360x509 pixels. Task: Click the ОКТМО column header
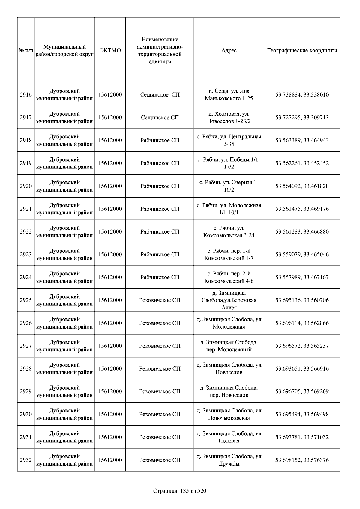[110, 50]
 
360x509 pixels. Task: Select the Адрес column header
[229, 50]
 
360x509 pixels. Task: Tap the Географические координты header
[302, 50]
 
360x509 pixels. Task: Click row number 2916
[26, 95]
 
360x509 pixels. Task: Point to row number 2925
[26, 300]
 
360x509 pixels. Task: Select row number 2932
[26, 460]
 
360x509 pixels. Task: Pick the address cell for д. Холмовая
[229, 118]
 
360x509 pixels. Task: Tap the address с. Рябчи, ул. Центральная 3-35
[229, 140]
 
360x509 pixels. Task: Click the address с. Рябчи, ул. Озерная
[229, 186]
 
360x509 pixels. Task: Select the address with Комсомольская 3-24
[229, 232]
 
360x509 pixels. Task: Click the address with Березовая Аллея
[229, 300]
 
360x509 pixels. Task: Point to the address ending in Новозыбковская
[229, 414]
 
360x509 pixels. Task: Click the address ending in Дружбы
[229, 460]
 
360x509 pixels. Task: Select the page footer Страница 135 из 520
[180, 491]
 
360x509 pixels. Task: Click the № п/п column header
[26, 50]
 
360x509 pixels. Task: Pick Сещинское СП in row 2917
[160, 118]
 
